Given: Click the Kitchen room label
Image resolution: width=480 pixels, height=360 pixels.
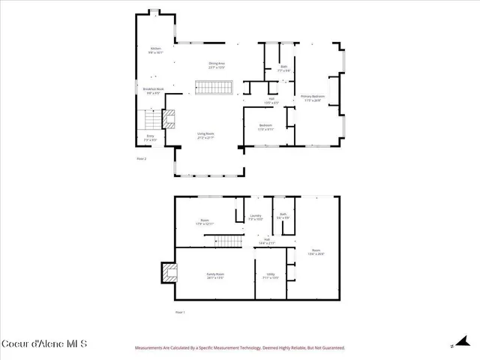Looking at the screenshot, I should pos(155,49).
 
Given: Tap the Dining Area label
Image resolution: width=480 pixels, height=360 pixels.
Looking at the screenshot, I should pos(217,65).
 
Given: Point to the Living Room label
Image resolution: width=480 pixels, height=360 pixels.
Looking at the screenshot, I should pos(205,136).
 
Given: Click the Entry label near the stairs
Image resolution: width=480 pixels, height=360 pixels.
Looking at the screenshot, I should pos(150,138).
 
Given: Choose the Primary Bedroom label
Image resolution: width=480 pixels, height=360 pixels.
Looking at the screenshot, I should pos(313,98).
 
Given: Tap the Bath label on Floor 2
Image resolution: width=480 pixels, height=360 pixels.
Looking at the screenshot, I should pos(283,69).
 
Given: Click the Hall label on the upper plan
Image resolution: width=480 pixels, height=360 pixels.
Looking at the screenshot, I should pos(271,100).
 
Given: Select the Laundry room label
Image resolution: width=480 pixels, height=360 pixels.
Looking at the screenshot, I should pos(255,217).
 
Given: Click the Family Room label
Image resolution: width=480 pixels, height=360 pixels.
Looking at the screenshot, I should pos(215,276).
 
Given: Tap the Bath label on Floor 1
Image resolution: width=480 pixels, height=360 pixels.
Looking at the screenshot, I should pos(283,215).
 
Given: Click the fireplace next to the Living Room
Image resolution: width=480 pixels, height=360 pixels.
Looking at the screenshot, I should pos(169,118).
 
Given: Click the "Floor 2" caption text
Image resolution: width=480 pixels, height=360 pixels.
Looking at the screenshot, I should pos(141,159).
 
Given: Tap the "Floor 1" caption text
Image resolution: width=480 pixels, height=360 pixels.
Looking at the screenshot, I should pos(179,311).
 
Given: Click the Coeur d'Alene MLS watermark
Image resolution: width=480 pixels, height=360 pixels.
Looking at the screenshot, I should pos(45,344).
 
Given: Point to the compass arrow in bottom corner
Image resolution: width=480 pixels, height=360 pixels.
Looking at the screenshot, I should pos(454,344).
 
